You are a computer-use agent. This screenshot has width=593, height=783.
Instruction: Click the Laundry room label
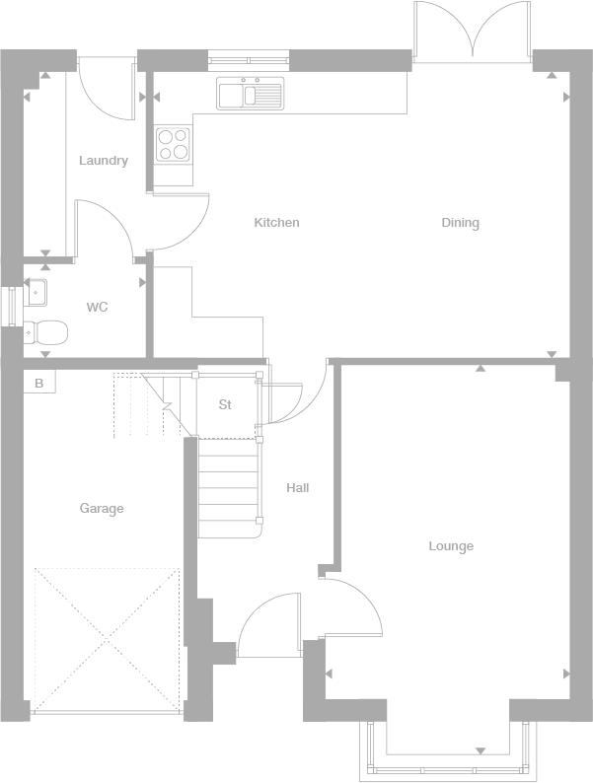click(104, 161)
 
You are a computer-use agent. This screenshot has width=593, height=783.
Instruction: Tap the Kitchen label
click(276, 223)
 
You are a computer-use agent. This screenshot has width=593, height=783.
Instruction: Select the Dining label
click(460, 223)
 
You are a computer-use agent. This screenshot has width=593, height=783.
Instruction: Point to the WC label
click(97, 308)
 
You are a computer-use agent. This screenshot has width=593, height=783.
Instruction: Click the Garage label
click(102, 509)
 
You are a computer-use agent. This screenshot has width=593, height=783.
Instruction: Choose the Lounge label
click(451, 546)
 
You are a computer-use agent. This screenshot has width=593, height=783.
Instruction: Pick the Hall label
click(298, 488)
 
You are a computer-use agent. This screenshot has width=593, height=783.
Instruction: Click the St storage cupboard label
click(225, 405)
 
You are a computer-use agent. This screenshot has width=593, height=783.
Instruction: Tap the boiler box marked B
click(39, 383)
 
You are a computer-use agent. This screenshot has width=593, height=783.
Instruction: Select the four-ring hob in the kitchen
click(174, 144)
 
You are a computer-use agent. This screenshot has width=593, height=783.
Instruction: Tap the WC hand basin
click(37, 292)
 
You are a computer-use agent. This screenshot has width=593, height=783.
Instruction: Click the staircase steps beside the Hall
click(229, 487)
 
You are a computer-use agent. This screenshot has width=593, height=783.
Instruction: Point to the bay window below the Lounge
click(449, 755)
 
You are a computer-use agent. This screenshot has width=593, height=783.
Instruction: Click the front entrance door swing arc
click(268, 623)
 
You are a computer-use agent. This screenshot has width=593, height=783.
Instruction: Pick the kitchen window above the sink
click(250, 56)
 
